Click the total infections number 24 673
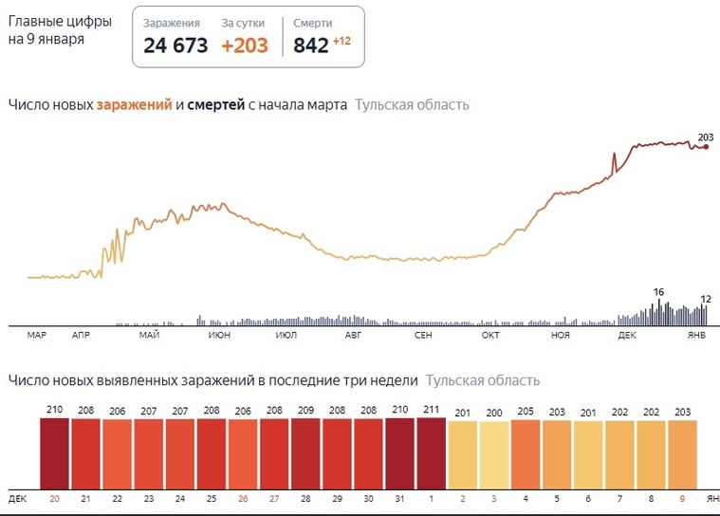point(175,45)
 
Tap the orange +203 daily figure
point(245,45)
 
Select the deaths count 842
point(310,45)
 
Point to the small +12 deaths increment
point(342,41)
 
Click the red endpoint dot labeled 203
point(705,146)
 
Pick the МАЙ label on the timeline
point(148,336)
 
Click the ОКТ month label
point(490,336)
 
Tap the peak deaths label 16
point(658,292)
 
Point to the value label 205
point(525,412)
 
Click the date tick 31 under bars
point(399,498)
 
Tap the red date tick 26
point(243,498)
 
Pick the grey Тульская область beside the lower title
point(483,380)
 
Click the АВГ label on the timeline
point(353,336)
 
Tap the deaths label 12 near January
point(705,300)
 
